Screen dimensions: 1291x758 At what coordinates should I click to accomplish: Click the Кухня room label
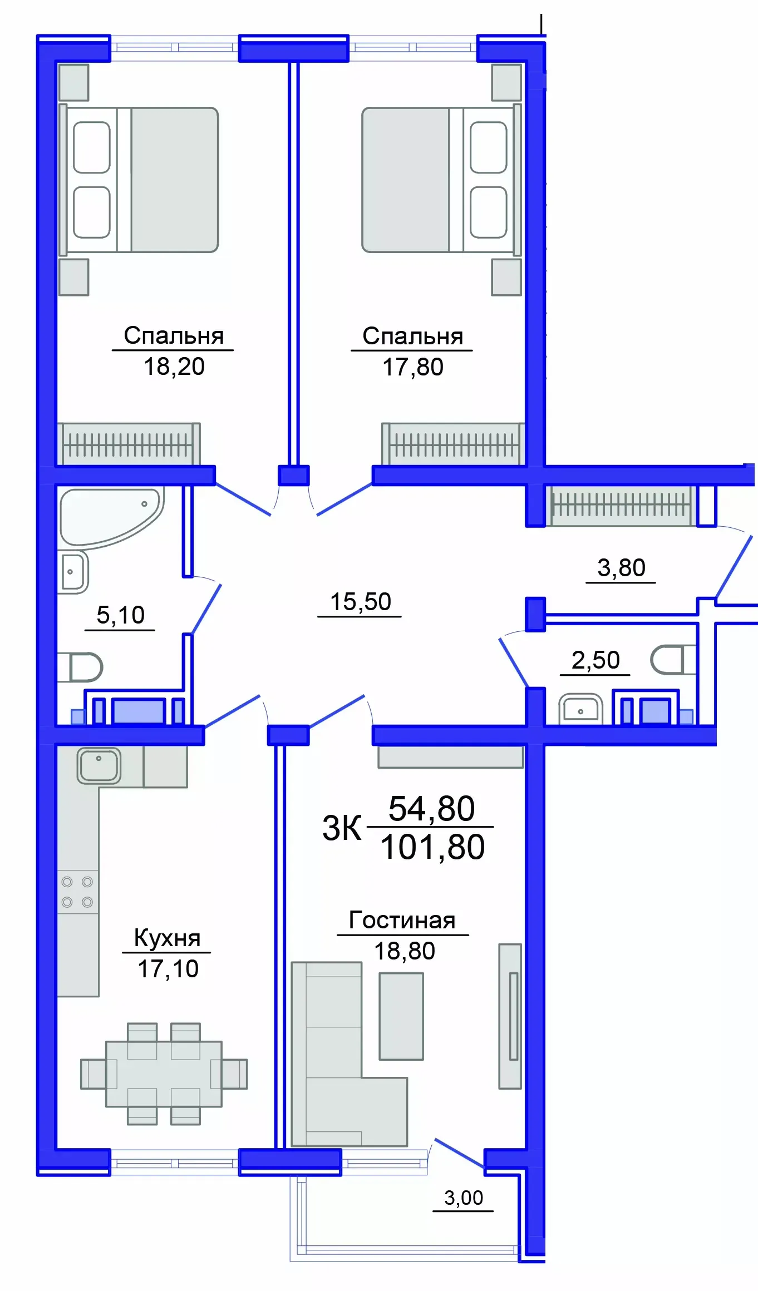point(167,938)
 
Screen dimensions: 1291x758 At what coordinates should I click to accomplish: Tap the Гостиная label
point(402,921)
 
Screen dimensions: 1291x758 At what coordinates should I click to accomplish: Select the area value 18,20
point(174,367)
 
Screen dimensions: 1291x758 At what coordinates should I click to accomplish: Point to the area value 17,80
point(413,367)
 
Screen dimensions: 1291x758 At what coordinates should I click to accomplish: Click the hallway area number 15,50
point(361,602)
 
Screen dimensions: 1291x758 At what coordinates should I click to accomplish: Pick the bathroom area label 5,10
point(120,615)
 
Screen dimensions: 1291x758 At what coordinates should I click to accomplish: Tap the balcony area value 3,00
point(464,1198)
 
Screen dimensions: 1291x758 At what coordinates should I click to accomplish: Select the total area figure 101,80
point(432,847)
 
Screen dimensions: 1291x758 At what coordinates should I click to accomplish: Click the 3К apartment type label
point(342,828)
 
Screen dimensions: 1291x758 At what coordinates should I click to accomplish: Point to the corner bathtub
point(109,515)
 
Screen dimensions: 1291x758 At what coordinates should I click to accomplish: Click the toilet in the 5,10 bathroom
point(83,667)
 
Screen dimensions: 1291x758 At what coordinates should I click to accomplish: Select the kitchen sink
point(99,765)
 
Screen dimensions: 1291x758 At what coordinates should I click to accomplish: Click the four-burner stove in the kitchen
point(77,892)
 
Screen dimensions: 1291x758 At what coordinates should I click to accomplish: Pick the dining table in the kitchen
point(164,1074)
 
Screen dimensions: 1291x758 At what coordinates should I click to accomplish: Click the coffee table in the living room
point(401,1016)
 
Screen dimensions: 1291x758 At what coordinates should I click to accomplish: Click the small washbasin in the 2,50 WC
point(580,709)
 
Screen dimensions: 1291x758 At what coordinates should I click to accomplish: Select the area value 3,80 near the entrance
point(621,568)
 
